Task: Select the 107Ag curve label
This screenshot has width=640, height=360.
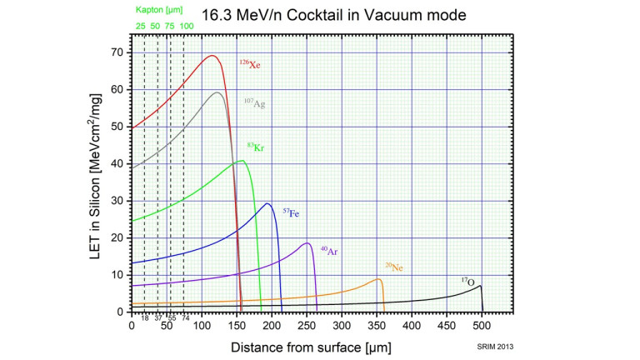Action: point(254,103)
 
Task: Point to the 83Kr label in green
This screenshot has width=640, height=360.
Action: point(254,147)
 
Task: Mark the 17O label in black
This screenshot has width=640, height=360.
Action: point(471,281)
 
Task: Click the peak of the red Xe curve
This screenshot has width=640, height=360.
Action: point(212,56)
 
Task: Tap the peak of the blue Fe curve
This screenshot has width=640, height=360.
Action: point(267,203)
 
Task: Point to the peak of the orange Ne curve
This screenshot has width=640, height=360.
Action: point(379,279)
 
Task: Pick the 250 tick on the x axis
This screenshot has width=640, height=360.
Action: point(307,326)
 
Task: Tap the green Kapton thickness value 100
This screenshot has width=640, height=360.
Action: point(187,27)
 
